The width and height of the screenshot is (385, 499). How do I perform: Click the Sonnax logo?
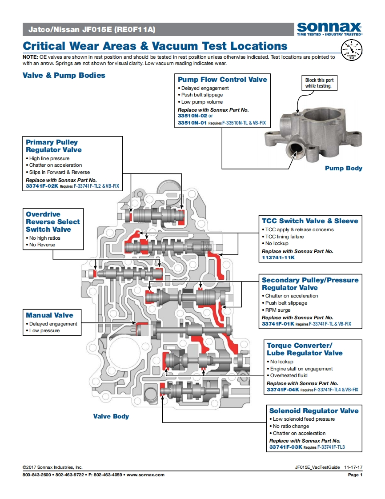(x=329, y=28)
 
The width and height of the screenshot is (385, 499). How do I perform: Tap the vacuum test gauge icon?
(x=351, y=49)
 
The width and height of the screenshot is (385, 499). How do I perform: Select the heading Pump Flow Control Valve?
(x=222, y=80)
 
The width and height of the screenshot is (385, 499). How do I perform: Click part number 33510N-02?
(x=192, y=116)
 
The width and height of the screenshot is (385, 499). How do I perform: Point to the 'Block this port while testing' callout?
(x=319, y=83)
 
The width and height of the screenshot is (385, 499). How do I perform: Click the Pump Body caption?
(x=343, y=168)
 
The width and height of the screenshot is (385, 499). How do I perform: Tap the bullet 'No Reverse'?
(x=42, y=245)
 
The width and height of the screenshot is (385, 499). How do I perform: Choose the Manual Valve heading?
(x=49, y=315)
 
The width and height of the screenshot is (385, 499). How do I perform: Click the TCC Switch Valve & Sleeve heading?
(x=309, y=221)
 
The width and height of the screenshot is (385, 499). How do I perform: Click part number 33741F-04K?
(x=283, y=390)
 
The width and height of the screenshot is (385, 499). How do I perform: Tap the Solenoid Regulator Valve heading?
(x=313, y=411)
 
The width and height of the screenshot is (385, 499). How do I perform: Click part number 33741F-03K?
(x=285, y=447)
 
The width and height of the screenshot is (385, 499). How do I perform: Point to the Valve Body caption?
(x=111, y=417)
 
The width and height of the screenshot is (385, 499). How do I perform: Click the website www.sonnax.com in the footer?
(x=145, y=475)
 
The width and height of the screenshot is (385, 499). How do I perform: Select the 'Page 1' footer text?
(x=355, y=475)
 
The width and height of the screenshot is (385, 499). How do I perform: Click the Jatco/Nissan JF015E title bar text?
(x=92, y=30)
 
